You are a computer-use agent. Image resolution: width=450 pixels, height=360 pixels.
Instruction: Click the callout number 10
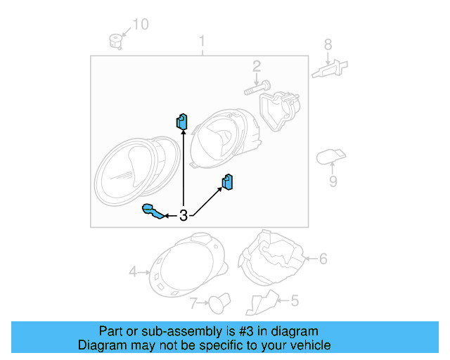141,25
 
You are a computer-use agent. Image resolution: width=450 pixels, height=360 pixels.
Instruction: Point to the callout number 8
328,45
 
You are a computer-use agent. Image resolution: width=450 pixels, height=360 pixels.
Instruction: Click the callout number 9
333,181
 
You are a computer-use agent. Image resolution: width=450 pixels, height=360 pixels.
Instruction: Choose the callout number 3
184,216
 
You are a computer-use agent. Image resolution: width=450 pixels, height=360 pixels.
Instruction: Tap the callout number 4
133,271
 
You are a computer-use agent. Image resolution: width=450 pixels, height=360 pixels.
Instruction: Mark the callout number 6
323,259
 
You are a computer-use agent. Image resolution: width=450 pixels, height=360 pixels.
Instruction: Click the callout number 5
294,301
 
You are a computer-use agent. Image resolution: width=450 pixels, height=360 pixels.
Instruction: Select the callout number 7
193,303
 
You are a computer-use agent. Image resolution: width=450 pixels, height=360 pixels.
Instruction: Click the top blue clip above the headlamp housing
182,122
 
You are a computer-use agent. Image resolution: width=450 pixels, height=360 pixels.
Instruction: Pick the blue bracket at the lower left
153,211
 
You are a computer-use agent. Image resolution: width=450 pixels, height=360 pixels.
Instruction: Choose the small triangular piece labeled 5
261,302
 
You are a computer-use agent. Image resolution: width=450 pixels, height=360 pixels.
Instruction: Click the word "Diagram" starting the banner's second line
99,345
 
